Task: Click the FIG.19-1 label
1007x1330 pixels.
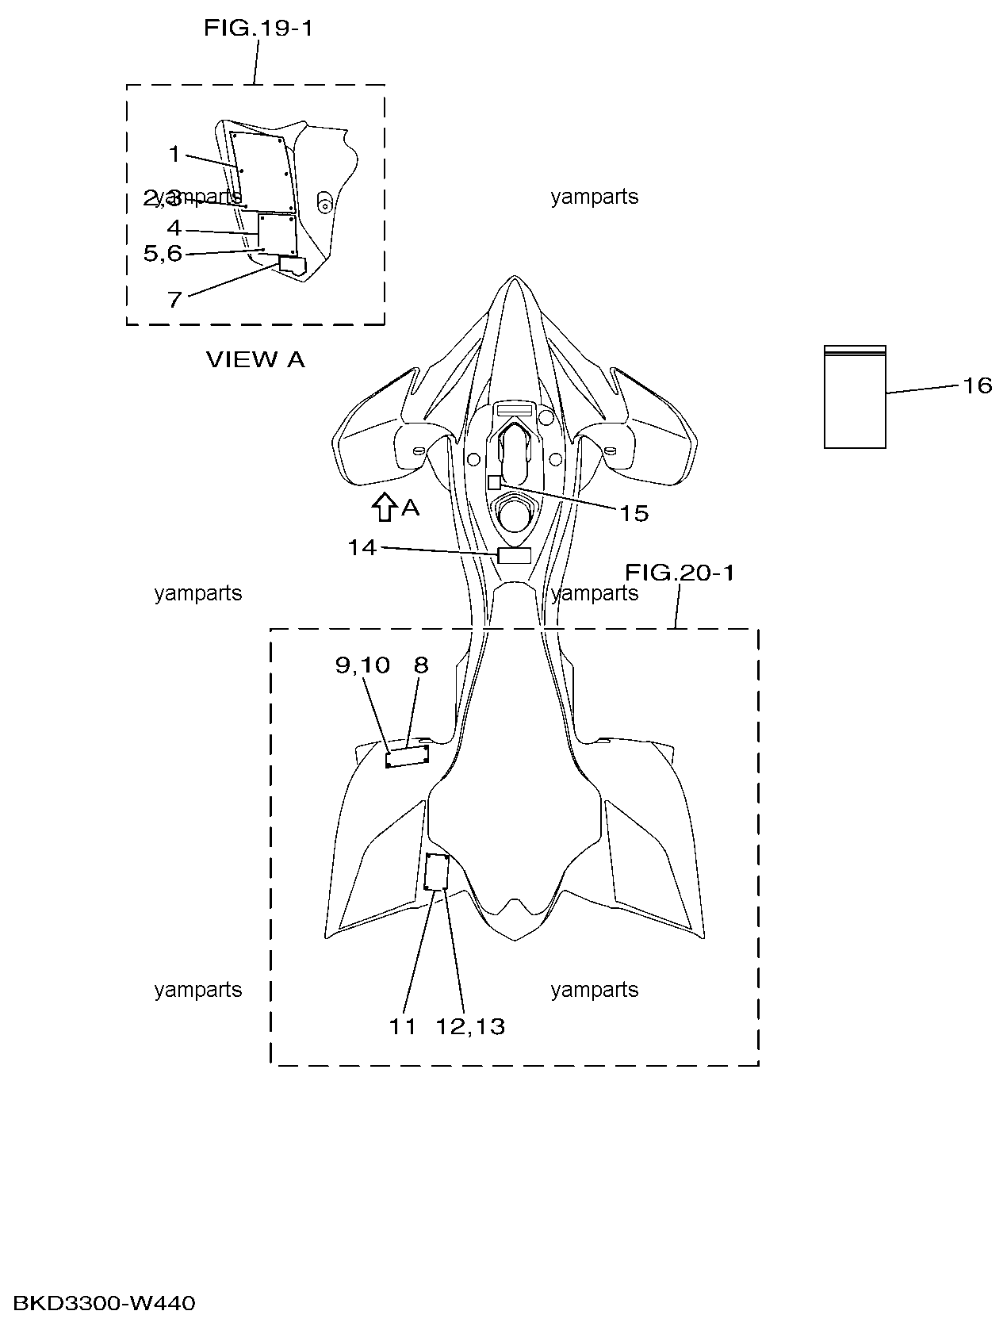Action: pos(258,28)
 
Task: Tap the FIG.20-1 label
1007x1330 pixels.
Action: pos(680,572)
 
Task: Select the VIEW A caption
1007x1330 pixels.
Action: pos(255,359)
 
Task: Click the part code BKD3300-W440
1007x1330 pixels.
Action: pos(104,1303)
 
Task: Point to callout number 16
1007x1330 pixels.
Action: pos(978,385)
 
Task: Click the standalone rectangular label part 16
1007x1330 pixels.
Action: pos(855,397)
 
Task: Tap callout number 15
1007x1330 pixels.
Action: pos(634,513)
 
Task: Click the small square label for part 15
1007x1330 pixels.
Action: pos(494,482)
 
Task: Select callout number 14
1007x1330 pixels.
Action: pos(362,548)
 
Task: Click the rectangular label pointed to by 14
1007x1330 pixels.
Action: pos(514,556)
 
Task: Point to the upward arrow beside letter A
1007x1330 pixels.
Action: pos(383,507)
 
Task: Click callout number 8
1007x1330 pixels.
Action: pos(421,665)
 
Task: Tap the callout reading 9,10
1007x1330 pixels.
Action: pos(362,665)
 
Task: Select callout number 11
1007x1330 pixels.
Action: pos(403,1026)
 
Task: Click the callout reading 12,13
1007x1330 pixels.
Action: pos(470,1026)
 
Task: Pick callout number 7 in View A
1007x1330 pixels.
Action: pos(175,300)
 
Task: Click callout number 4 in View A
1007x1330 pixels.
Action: pos(174,228)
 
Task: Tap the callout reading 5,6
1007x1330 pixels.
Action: pos(163,253)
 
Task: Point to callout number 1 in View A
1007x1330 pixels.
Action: pos(174,155)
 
